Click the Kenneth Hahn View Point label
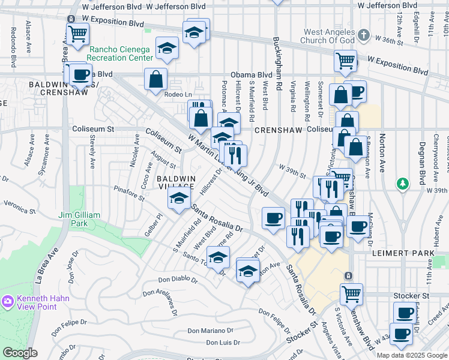click(43, 302)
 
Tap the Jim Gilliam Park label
click(81, 220)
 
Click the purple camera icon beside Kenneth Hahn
click(8, 300)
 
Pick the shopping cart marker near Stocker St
click(351, 294)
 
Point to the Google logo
click(20, 352)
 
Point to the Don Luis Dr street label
click(223, 343)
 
